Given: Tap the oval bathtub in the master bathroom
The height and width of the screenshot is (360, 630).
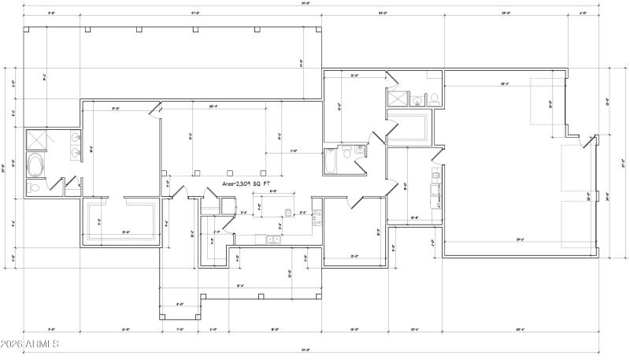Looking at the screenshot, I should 36,165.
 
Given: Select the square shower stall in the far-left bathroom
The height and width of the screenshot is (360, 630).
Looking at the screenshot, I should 36,139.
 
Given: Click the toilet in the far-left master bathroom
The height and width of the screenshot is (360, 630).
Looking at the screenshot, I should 34,187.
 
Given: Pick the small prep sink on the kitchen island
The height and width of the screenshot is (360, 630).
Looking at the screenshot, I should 289,212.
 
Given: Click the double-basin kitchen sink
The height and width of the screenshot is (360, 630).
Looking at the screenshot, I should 271,239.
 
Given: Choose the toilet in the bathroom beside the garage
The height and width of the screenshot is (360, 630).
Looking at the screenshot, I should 433,98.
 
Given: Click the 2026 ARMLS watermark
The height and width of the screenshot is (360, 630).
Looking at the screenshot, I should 31,344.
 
